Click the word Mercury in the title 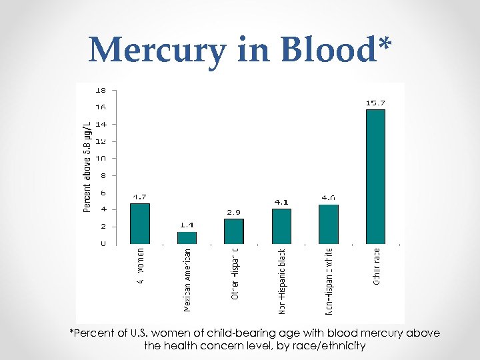pyautogui.click(x=157, y=51)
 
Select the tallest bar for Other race pyautogui.click(x=375, y=176)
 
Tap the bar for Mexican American pyautogui.click(x=187, y=237)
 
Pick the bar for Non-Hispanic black pyautogui.click(x=281, y=226)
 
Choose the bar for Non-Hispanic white pyautogui.click(x=329, y=224)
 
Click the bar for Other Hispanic pyautogui.click(x=233, y=231)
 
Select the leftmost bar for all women pyautogui.click(x=139, y=223)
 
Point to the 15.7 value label pyautogui.click(x=375, y=103)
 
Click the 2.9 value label pyautogui.click(x=233, y=212)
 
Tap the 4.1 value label pyautogui.click(x=281, y=202)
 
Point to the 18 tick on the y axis pyautogui.click(x=100, y=89)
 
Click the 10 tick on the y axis pyautogui.click(x=100, y=158)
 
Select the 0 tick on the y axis pyautogui.click(x=103, y=243)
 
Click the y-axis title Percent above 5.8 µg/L pyautogui.click(x=87, y=167)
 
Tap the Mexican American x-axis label pyautogui.click(x=187, y=279)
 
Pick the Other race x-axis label pyautogui.click(x=377, y=267)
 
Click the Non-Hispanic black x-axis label pyautogui.click(x=282, y=281)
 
